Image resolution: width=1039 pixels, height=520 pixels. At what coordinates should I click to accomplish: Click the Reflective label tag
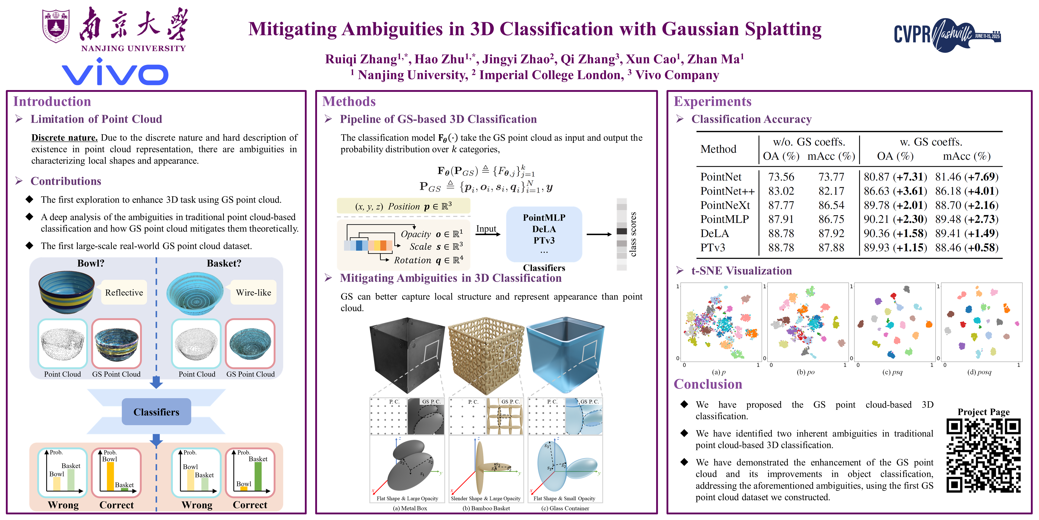124,292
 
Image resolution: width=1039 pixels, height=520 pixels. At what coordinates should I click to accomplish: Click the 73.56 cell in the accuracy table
781,177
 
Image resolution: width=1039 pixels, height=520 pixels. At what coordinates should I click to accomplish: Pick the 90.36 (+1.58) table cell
895,233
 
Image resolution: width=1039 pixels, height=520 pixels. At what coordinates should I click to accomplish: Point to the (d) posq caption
979,372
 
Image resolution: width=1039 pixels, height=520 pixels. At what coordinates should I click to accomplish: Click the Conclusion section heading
708,384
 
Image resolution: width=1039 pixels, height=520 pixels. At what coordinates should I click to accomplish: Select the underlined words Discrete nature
64,138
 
